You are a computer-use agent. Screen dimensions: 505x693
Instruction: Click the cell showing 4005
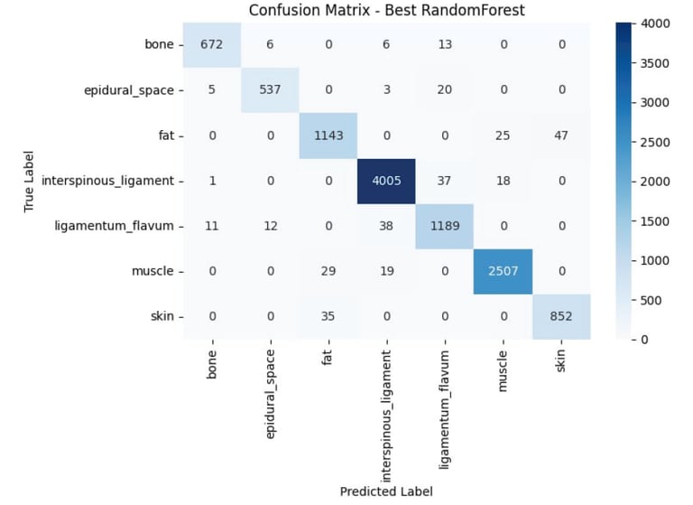coord(386,181)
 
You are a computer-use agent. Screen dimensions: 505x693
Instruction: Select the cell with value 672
coord(212,44)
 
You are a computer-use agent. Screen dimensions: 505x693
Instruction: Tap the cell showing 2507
coord(503,271)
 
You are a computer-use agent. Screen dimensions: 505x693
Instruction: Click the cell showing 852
coord(560,316)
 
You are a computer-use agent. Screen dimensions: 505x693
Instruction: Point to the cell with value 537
coord(270,89)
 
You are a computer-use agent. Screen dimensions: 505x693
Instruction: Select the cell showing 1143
coord(328,136)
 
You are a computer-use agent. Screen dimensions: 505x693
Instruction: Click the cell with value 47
coord(560,136)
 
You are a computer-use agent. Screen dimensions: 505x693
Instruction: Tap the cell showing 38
coord(386,226)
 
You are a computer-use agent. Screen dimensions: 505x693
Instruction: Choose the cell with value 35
coord(328,316)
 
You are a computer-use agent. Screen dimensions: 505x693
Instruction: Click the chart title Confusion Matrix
coord(385,11)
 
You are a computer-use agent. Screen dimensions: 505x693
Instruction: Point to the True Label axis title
coord(31,181)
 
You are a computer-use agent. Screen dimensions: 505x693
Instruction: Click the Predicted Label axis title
coord(385,491)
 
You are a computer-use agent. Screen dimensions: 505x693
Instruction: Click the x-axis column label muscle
coord(503,369)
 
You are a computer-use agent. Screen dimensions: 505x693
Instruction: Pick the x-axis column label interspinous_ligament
coord(386,412)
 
